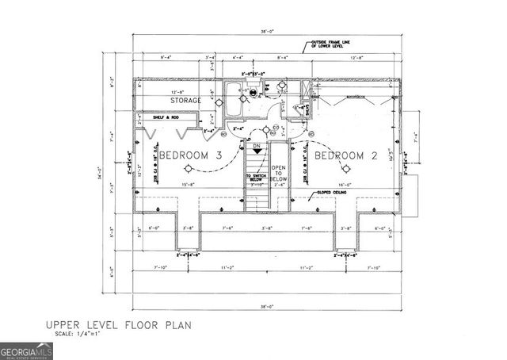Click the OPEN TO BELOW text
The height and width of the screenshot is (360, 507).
pos(278,174)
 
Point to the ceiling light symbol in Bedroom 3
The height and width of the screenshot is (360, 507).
pos(188,169)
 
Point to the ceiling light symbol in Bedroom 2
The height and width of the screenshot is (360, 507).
pos(345,169)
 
